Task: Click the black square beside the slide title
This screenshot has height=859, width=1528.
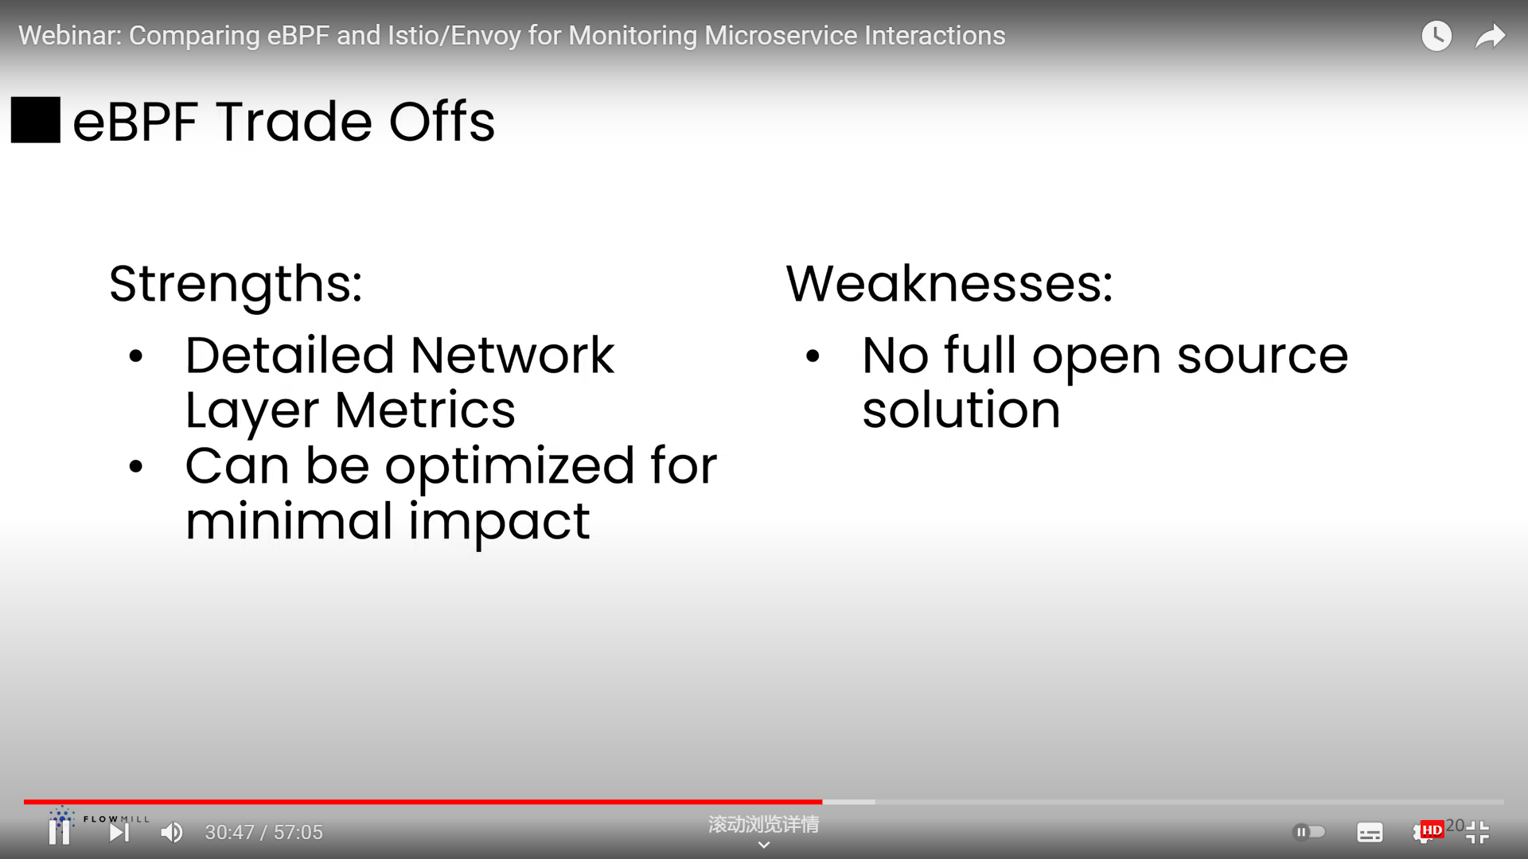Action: tap(36, 120)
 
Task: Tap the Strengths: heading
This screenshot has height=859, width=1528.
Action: tap(236, 285)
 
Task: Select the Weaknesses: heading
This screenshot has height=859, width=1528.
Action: tap(949, 283)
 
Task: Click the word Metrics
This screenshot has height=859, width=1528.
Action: tap(425, 410)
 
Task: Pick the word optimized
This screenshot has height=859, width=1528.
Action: tap(510, 467)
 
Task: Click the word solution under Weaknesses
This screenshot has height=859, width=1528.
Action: tap(961, 410)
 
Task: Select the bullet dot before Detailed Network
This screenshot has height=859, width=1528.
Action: tap(136, 356)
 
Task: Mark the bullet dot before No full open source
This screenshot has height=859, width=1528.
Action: tap(813, 356)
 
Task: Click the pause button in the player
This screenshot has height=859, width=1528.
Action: tap(59, 832)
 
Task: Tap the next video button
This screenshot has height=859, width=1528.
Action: tap(119, 832)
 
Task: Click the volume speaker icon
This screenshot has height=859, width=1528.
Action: tap(172, 832)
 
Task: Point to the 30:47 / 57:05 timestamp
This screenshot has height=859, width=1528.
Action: tap(264, 832)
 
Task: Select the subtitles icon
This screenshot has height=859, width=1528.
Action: tap(1370, 832)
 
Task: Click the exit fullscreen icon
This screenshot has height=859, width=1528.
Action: tap(1477, 832)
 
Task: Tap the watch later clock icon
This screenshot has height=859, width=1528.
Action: tap(1436, 36)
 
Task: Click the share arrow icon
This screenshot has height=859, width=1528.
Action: tap(1491, 36)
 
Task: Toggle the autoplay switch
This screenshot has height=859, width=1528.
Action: tap(1309, 832)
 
